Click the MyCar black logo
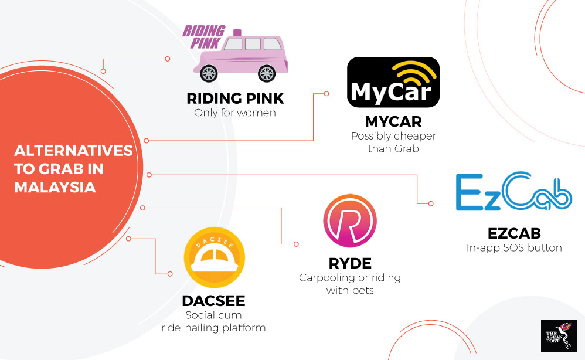coord(393,82)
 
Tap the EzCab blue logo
coord(513,192)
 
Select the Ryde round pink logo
coord(351,222)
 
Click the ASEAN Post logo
coord(558,336)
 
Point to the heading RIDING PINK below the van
coord(234,98)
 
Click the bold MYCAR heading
coord(393,122)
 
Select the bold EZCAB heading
coord(514,233)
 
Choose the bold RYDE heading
coord(351,263)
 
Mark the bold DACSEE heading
coord(213,301)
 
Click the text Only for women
coord(234,112)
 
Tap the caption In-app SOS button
coord(514,247)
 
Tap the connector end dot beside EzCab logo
coord(431,203)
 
